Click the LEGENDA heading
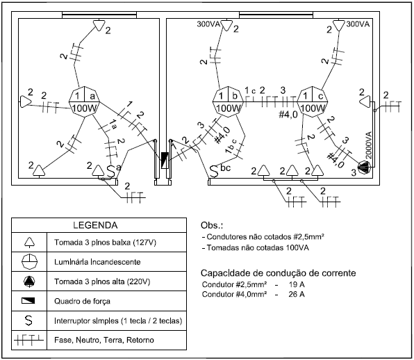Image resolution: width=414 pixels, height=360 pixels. [x=95, y=225]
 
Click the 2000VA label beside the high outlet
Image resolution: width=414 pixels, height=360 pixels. [x=369, y=145]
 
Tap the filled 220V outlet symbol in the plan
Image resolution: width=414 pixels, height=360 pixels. [x=365, y=167]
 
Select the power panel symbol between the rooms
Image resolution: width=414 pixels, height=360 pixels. [x=165, y=161]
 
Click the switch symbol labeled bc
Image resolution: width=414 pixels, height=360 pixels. [x=214, y=172]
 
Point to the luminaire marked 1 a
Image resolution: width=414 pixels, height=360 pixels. [x=85, y=101]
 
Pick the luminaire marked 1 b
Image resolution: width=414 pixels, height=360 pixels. [x=228, y=101]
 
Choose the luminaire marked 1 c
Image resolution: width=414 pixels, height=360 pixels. [x=313, y=101]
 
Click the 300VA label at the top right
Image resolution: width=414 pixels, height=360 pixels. [x=358, y=24]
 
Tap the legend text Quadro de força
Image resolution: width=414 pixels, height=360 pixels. [x=82, y=302]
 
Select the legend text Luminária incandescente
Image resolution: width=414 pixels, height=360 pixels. [x=97, y=262]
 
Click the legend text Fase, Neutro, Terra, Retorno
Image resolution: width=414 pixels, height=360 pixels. [x=104, y=340]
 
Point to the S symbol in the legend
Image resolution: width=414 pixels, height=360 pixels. [x=28, y=320]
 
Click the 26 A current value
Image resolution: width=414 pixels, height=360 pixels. [x=297, y=294]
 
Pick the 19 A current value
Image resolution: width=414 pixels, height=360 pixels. [x=297, y=284]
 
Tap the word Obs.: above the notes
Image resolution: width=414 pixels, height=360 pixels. [x=212, y=225]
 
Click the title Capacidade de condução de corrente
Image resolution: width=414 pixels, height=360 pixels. [x=279, y=273]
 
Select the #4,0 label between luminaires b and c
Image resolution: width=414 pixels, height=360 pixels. [x=288, y=115]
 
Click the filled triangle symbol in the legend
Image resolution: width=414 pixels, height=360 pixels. [x=29, y=281]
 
